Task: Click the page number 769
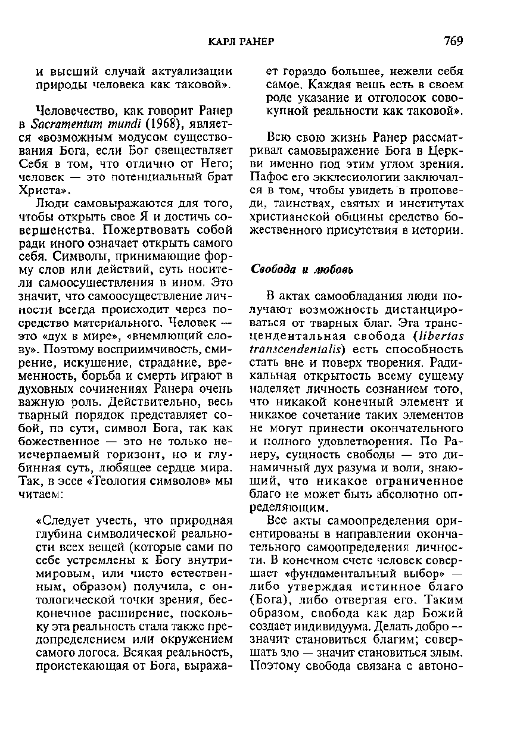pos(453,41)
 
